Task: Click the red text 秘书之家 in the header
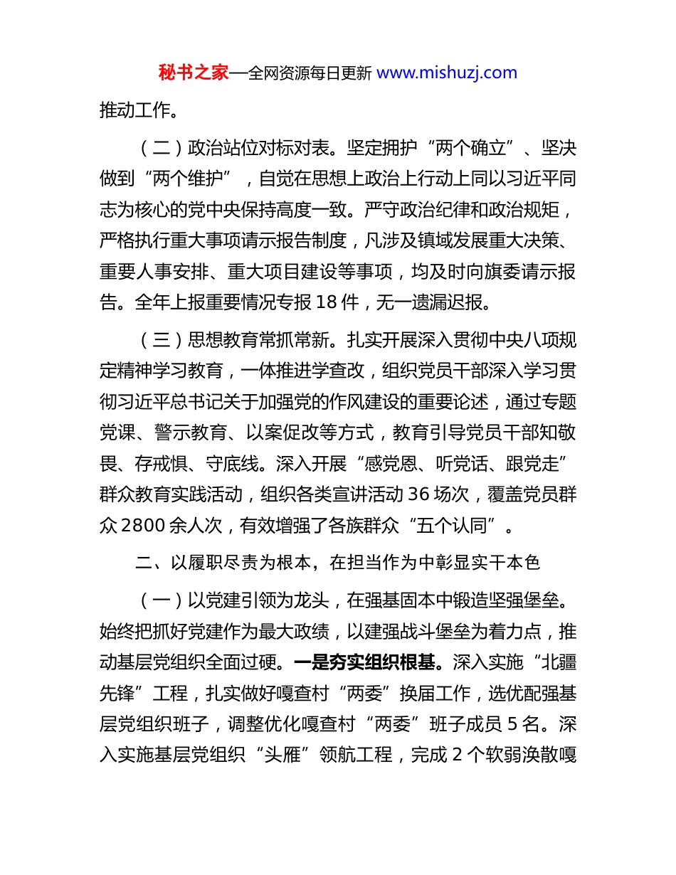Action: [x=194, y=73]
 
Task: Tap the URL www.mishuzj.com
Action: [x=446, y=73]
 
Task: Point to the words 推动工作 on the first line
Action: [x=135, y=110]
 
